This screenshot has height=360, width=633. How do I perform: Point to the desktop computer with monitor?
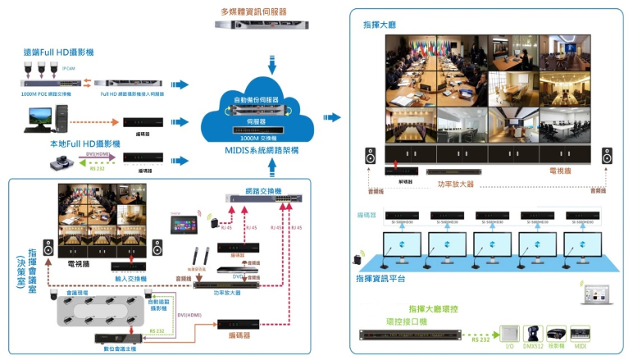tap(40, 119)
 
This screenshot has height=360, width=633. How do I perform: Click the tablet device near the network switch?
tap(183, 222)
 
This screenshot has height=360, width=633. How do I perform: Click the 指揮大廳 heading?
tap(378, 25)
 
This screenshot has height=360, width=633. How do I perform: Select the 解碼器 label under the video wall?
tap(398, 182)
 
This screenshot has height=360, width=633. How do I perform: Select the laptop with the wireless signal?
tap(596, 292)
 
